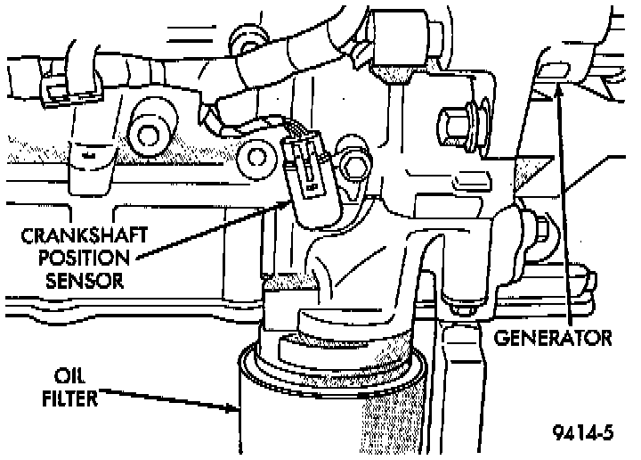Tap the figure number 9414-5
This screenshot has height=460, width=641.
click(585, 435)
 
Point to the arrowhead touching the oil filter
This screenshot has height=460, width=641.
click(234, 409)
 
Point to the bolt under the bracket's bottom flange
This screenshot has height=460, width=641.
click(459, 308)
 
